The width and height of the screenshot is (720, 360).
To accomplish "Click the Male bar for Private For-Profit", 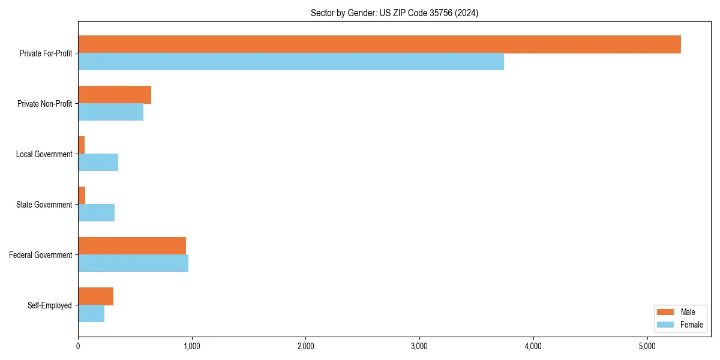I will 379,44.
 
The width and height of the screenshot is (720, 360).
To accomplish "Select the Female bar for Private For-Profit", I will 291,62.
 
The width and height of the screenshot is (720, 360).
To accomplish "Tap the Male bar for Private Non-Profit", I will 115,95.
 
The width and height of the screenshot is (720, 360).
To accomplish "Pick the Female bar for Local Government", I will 98,163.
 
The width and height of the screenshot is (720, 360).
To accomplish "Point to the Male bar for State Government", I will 82,196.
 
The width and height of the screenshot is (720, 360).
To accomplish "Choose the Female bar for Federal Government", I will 133,263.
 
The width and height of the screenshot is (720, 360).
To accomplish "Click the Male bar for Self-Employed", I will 95,296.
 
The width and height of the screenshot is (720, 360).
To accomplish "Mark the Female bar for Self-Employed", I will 91,314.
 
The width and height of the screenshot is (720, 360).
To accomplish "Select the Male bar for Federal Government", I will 132,246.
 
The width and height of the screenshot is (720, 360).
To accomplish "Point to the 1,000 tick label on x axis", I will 191,346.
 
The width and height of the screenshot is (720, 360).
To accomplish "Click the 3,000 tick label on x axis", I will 419,346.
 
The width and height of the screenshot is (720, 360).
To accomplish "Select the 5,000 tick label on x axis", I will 647,346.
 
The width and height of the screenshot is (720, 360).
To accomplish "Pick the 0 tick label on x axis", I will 78,346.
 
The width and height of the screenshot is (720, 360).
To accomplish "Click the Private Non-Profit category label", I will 44,104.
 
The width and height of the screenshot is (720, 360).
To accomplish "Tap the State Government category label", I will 44,205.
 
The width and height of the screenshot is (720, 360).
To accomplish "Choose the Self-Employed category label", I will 49,305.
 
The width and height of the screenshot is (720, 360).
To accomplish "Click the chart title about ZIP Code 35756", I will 394,13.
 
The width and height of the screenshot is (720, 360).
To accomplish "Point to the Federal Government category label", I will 41,255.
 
